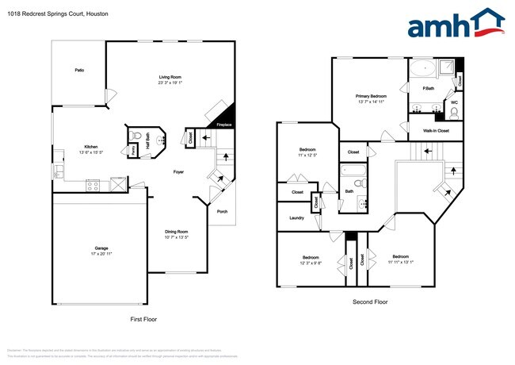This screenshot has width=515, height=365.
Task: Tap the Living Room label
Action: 170,77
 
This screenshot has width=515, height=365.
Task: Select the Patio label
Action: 79,70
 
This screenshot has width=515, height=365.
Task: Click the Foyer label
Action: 179,171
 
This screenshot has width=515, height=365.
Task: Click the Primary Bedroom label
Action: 371,96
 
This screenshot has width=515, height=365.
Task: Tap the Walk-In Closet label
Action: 434,130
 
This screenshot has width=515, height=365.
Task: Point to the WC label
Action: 454,102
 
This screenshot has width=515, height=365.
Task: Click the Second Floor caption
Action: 370,302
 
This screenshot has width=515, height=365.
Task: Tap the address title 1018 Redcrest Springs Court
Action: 55,14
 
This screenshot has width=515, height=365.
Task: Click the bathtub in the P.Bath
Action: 422,67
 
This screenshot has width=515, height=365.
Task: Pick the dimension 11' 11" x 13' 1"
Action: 400,263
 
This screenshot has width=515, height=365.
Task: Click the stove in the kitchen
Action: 92,186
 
